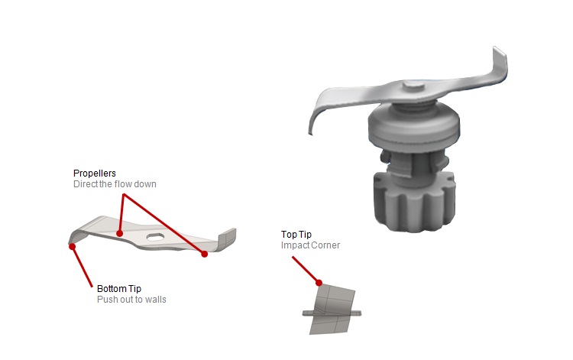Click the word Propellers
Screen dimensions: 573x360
click(x=94, y=174)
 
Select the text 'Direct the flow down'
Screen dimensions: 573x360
click(x=115, y=184)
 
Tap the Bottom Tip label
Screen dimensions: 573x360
click(x=119, y=289)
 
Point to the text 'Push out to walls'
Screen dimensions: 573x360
click(x=131, y=300)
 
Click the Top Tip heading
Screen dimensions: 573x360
click(x=296, y=235)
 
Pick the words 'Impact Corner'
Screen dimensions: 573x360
click(x=310, y=245)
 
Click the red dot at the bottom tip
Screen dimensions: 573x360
click(x=73, y=247)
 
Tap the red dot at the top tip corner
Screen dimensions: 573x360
click(x=319, y=283)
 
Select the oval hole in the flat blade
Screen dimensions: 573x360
click(x=155, y=237)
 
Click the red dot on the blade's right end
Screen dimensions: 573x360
click(x=205, y=254)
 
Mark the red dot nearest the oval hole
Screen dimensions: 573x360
click(x=119, y=234)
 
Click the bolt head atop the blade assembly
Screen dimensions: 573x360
click(x=413, y=87)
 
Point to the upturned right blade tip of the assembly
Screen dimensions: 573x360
click(x=499, y=64)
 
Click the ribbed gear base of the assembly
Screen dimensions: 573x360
click(x=415, y=202)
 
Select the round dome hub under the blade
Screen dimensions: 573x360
click(x=413, y=125)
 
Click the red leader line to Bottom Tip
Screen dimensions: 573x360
click(x=83, y=267)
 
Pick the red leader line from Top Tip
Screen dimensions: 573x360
click(x=306, y=270)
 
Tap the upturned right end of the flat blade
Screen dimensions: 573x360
click(x=227, y=238)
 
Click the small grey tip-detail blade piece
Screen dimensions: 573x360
click(x=332, y=309)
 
